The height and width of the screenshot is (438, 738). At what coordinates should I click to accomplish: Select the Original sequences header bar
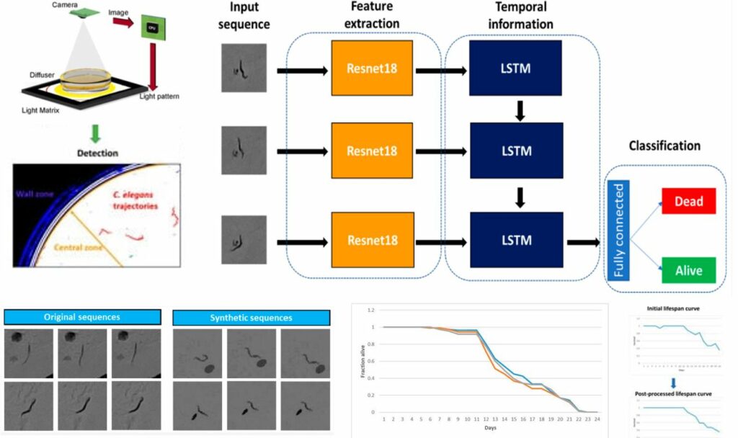(x=81, y=317)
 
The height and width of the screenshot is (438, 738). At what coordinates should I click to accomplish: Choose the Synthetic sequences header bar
(x=252, y=317)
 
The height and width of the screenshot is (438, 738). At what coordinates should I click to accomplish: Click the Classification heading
(x=664, y=146)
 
